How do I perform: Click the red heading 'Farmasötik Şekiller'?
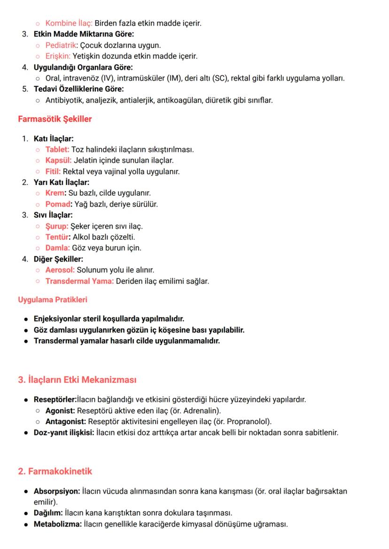point(54,119)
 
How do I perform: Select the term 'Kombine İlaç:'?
point(69,23)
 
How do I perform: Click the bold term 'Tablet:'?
point(57,150)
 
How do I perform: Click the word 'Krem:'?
point(56,193)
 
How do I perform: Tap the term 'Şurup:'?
point(57,226)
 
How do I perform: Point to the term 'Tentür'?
point(57,237)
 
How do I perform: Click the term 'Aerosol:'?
point(60,270)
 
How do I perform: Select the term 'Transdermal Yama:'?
point(79,282)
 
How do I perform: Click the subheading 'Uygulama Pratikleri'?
point(52,299)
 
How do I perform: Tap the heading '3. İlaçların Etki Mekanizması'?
point(77,380)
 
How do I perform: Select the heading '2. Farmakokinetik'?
point(55,471)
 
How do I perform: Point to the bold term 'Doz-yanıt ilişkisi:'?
point(63,432)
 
